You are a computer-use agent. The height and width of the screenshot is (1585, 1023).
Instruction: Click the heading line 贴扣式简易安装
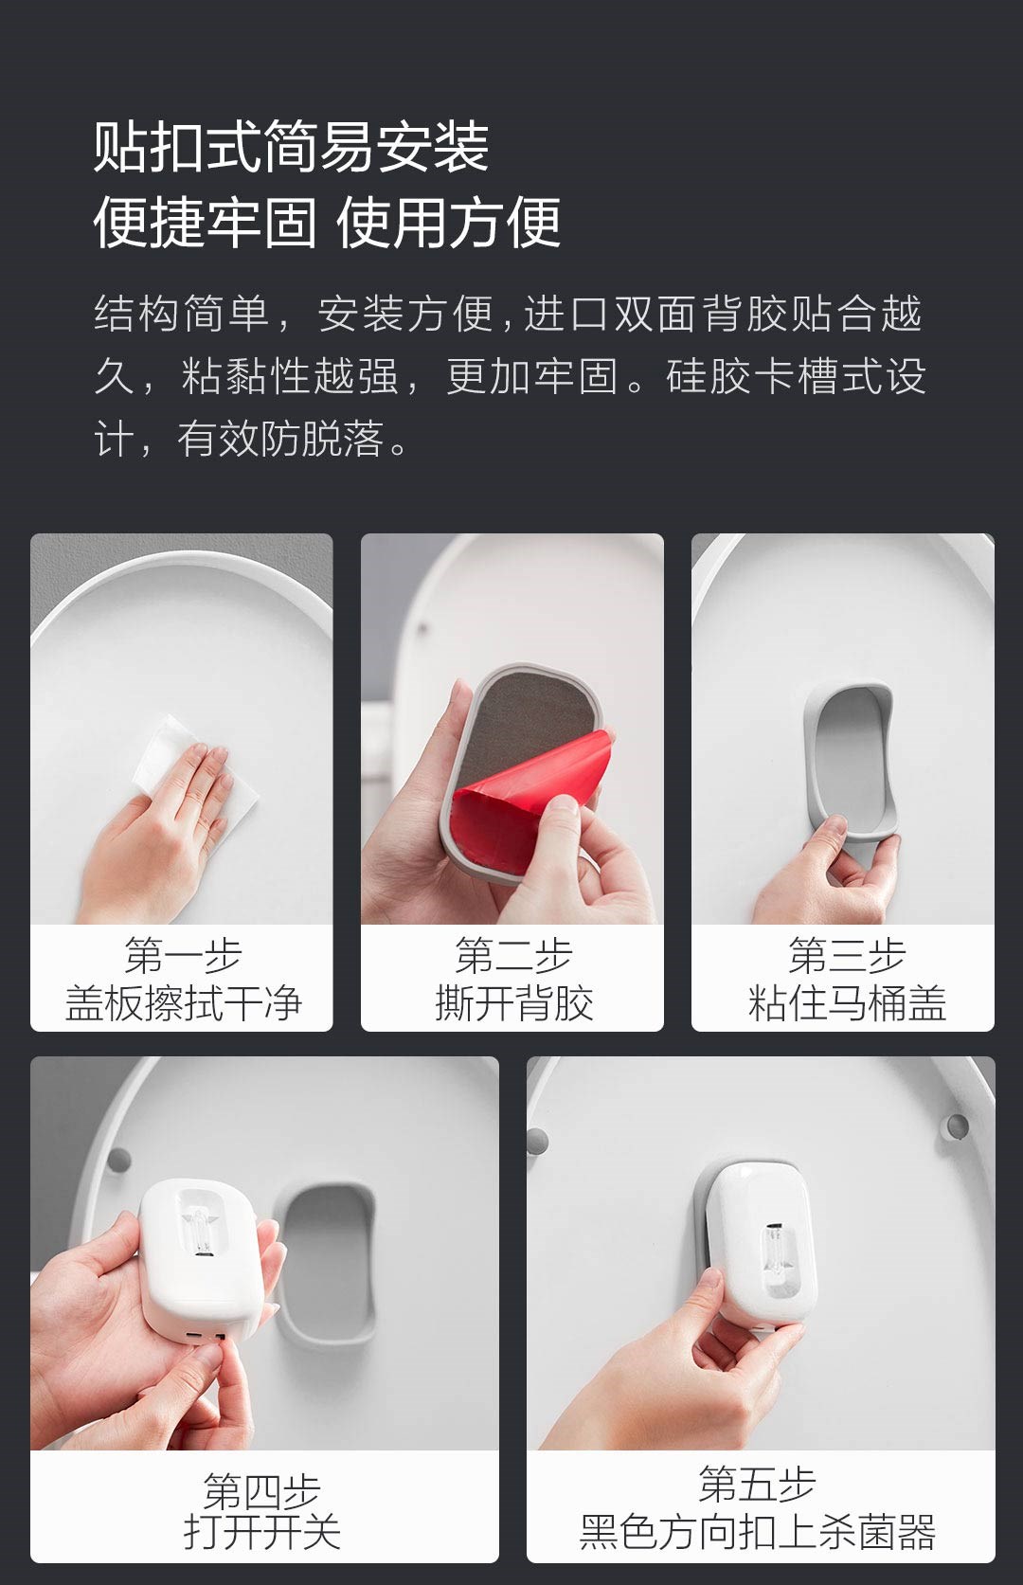click(x=292, y=147)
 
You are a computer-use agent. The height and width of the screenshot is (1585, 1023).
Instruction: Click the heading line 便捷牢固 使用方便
click(x=328, y=223)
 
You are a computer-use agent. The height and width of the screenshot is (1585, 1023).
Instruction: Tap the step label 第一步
click(x=183, y=955)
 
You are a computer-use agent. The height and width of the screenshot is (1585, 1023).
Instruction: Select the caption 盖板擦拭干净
click(x=183, y=1002)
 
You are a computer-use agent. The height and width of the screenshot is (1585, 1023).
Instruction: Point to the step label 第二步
click(x=513, y=955)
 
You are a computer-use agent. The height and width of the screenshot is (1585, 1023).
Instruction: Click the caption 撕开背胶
click(x=513, y=1002)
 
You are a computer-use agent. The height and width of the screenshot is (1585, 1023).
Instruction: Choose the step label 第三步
click(x=846, y=955)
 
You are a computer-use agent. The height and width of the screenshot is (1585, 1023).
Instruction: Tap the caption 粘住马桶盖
click(x=846, y=1002)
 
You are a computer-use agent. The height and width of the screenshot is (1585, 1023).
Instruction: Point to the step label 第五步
click(x=758, y=1483)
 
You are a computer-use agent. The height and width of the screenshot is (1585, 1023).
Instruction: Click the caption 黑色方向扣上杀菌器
click(x=758, y=1532)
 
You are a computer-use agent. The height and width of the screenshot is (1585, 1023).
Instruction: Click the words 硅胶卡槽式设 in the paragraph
click(x=796, y=376)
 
